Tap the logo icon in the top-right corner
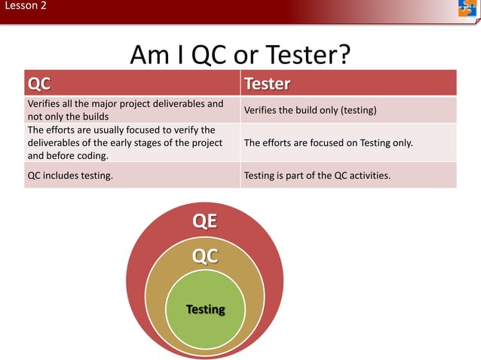point(467,8)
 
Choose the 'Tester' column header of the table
point(267,82)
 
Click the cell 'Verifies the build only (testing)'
point(310,111)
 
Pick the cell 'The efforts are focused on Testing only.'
point(328,142)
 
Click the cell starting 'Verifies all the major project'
point(125,110)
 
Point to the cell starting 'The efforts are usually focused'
point(124,142)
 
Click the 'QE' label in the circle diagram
point(205,221)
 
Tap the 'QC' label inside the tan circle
point(205,256)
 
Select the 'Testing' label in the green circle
point(205,310)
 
